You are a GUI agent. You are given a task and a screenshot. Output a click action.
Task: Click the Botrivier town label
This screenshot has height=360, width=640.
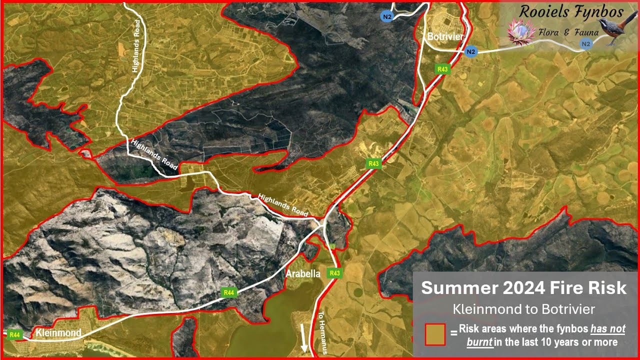click(x=445, y=37)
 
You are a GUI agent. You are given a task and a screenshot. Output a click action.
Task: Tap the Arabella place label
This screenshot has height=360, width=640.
click(x=302, y=274)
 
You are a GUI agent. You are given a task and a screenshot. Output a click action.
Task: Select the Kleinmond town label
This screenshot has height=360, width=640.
click(x=58, y=333)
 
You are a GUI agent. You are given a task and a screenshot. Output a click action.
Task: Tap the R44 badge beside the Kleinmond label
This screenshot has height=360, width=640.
click(x=14, y=334)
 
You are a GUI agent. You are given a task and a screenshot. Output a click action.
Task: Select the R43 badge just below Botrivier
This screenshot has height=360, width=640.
click(x=442, y=69)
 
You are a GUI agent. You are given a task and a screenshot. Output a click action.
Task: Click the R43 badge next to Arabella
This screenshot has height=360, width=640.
click(x=334, y=273)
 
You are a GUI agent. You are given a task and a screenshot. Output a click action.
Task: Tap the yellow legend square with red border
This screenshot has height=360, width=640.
click(x=434, y=333)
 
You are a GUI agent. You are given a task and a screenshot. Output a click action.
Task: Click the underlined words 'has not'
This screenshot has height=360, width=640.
click(x=607, y=329)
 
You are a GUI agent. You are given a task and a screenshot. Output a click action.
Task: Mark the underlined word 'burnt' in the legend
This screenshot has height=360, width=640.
click(x=479, y=342)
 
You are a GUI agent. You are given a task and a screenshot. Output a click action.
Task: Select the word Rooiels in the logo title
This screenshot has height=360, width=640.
click(x=544, y=11)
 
